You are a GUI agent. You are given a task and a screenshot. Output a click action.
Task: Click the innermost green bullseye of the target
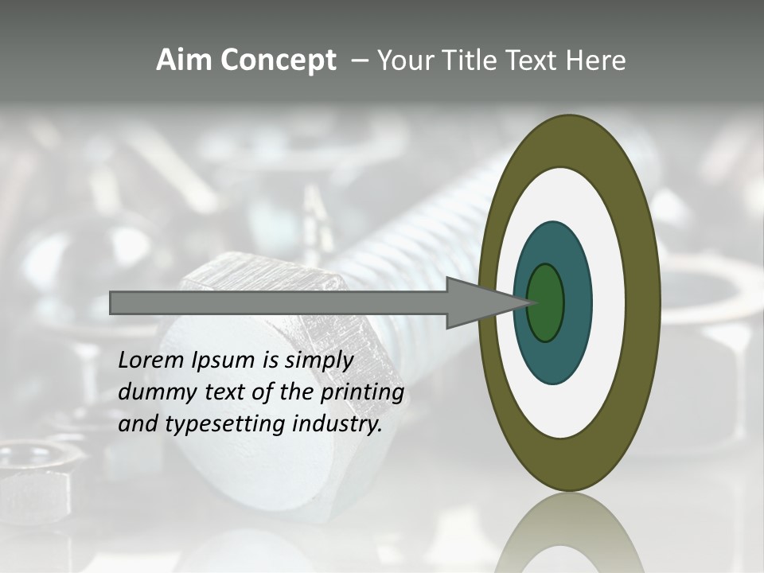pos(546,302)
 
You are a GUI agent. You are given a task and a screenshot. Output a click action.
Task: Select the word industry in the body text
pos(337,424)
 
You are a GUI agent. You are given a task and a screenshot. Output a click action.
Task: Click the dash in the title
pos(359,61)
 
